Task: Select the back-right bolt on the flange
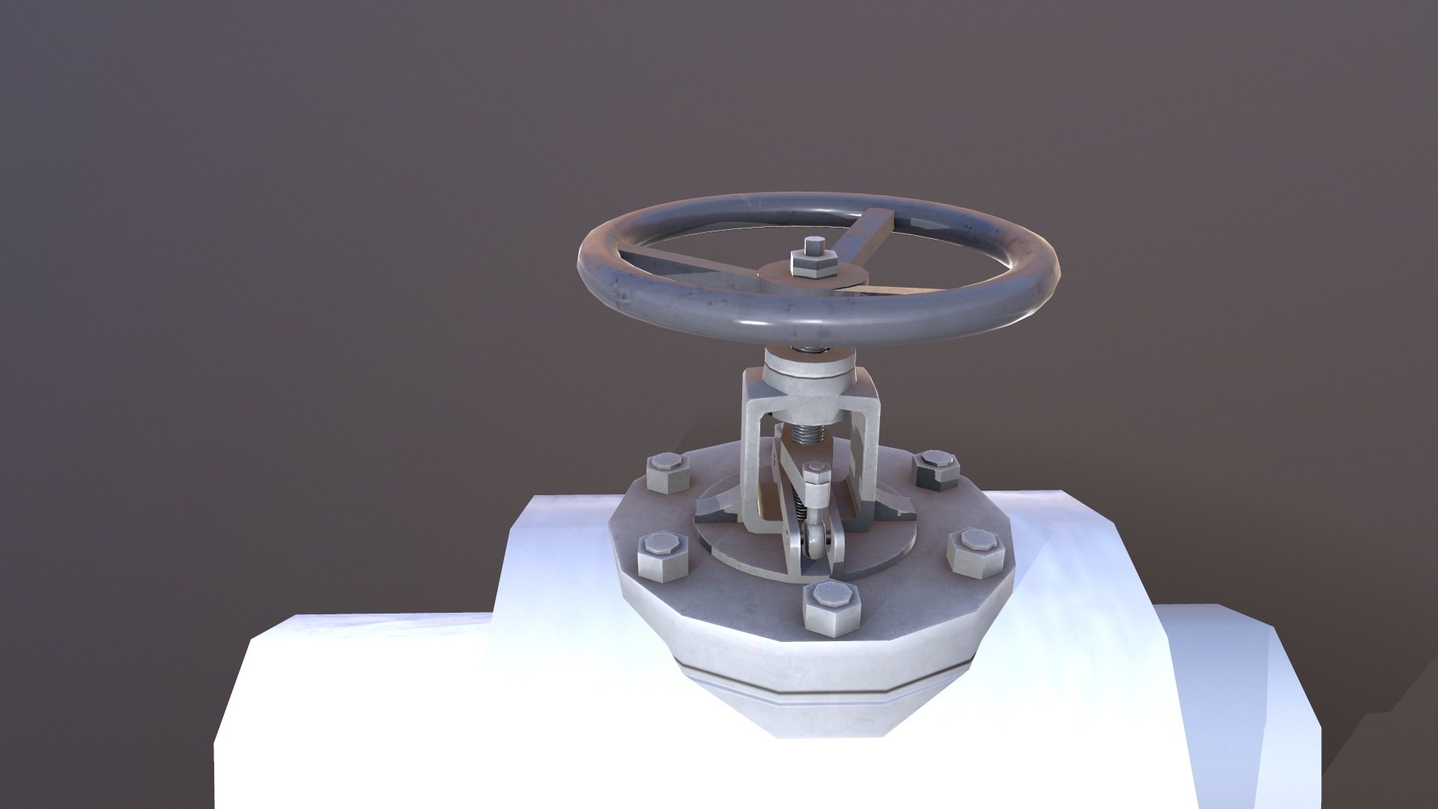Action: (x=937, y=469)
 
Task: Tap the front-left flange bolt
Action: (x=661, y=557)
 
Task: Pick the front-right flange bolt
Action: (x=973, y=551)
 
